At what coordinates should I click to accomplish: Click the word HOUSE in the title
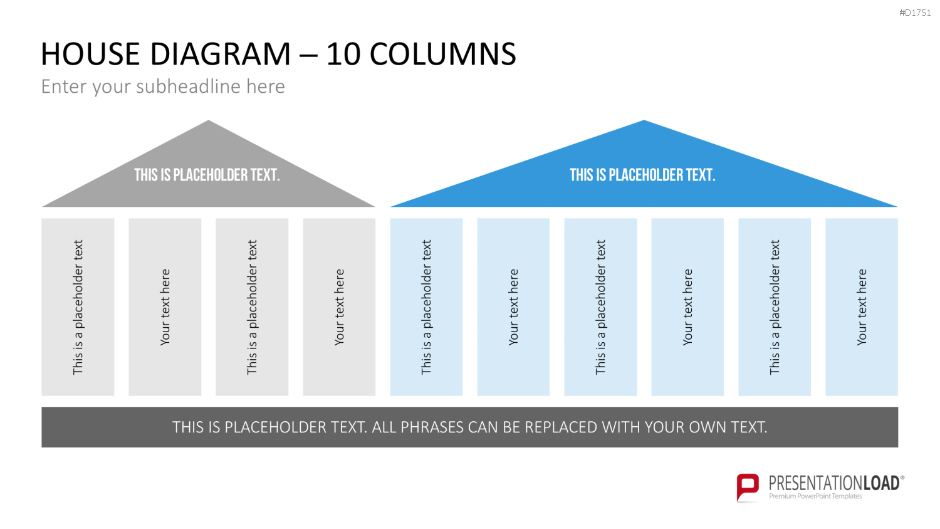pos(90,54)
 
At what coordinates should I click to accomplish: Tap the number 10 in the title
pos(343,54)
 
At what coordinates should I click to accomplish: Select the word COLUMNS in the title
pos(442,54)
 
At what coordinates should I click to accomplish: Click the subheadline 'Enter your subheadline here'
pos(163,86)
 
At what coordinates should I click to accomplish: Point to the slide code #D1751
pos(915,13)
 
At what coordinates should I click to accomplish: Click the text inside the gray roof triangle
pos(207,175)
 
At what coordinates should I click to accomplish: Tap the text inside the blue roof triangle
pos(642,175)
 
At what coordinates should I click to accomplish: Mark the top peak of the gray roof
pos(208,120)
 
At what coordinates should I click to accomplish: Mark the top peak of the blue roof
pos(644,120)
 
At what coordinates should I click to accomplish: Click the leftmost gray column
pos(78,307)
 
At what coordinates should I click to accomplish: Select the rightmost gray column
pos(339,307)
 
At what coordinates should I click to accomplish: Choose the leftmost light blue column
pos(426,307)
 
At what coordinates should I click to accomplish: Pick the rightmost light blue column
pos(862,307)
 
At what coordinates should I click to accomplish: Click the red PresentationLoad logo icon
pos(748,487)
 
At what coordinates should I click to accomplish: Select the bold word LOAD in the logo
pos(881,483)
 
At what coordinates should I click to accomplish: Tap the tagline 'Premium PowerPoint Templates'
pos(815,496)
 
